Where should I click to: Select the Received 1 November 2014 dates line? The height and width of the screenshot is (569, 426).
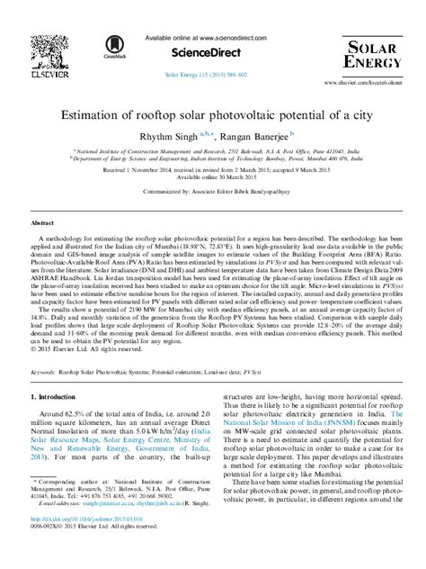pos(212,169)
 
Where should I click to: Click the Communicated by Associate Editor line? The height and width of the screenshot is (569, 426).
pos(212,192)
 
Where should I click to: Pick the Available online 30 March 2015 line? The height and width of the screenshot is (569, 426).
pos(212,177)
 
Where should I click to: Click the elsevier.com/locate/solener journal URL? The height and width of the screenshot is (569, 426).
pos(359,82)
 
